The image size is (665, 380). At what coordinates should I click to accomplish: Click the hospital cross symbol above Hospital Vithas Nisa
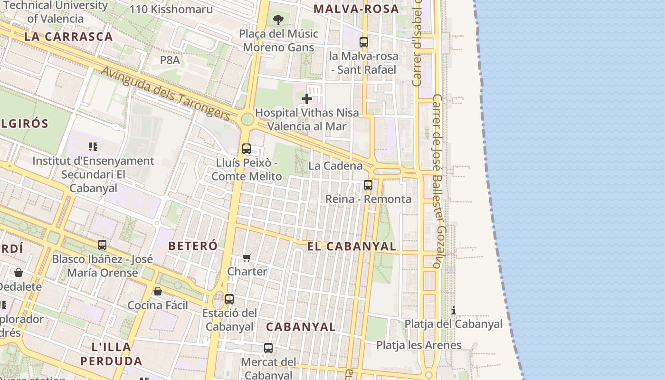[x=307, y=99]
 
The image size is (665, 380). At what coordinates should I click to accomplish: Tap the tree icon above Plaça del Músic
[x=278, y=20]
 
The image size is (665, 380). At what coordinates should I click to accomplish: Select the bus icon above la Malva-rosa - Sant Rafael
[x=364, y=42]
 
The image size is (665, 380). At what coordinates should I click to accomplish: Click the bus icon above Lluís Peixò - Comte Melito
[x=246, y=148]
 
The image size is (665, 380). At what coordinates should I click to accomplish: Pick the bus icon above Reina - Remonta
[x=368, y=185]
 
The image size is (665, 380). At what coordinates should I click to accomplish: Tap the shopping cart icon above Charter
[x=247, y=257]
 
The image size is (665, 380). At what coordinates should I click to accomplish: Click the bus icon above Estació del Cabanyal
[x=229, y=299]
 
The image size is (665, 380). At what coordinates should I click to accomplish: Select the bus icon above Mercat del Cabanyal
[x=268, y=348]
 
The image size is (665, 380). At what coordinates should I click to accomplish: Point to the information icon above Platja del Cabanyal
[x=454, y=310]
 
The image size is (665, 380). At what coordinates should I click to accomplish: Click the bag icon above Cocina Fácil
[x=158, y=291]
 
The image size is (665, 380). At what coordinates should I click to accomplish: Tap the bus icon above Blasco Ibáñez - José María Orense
[x=102, y=245]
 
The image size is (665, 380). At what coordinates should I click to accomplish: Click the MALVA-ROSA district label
[x=356, y=9]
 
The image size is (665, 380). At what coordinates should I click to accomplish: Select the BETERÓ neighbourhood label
[x=193, y=246]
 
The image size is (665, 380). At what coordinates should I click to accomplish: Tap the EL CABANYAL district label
[x=351, y=246]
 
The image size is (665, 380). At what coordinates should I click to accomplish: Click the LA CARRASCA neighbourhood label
[x=68, y=37]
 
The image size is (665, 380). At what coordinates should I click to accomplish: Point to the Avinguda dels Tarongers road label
[x=166, y=92]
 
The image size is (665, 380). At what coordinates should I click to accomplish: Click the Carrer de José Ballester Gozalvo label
[x=438, y=180]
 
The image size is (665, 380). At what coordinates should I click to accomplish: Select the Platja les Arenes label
[x=418, y=345]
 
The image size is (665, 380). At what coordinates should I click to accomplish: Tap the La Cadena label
[x=335, y=166]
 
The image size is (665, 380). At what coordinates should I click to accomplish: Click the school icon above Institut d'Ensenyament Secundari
[x=93, y=147]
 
